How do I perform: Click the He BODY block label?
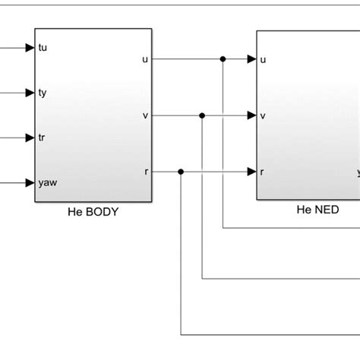point(93,212)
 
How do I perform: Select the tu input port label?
point(43,48)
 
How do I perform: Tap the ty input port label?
point(43,93)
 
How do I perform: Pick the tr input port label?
point(43,137)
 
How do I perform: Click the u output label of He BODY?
point(144,58)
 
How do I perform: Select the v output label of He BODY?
point(144,115)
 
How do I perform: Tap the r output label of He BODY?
point(145,172)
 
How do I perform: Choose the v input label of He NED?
point(263,115)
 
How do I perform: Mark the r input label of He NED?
point(262,172)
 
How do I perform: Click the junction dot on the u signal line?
point(223,58)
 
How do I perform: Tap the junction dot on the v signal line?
point(202,115)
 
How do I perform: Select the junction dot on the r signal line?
point(181,172)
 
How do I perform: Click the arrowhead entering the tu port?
point(30,48)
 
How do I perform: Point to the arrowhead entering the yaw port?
point(30,182)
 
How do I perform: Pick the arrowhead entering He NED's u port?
point(251,58)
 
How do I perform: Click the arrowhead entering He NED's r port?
point(251,172)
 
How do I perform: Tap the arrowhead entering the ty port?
point(30,93)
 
